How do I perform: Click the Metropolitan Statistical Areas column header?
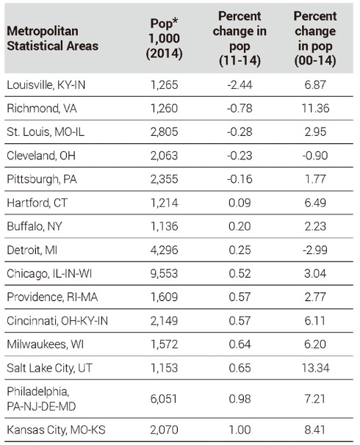(52, 38)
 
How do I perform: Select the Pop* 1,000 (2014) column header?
(164, 39)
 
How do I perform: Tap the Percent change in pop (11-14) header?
(240, 39)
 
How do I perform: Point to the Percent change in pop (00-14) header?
(315, 39)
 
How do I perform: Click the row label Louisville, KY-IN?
(46, 85)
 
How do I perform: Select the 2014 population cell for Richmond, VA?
(164, 109)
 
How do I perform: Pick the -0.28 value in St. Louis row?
(240, 132)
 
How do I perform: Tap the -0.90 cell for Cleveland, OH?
(315, 156)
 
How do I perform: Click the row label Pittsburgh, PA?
(42, 179)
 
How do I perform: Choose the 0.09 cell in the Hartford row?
(240, 203)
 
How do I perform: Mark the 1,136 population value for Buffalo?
(164, 226)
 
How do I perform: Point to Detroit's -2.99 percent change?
(315, 250)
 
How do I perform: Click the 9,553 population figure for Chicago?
(164, 273)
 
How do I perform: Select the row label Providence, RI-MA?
(52, 297)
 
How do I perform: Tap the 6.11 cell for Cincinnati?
(315, 321)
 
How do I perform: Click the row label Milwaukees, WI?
(45, 344)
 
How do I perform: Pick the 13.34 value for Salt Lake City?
(315, 368)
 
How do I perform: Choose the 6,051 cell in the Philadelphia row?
(164, 399)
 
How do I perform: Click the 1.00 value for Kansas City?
(240, 430)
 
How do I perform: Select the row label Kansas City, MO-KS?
(56, 430)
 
